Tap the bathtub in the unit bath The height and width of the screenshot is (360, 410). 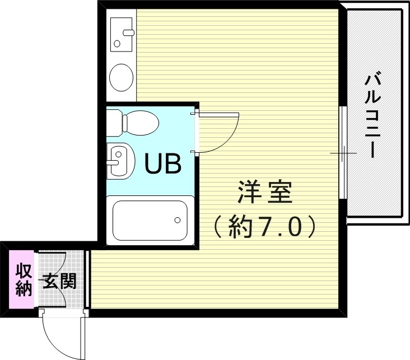coord(150,219)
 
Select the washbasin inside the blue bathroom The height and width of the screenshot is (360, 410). coord(120,161)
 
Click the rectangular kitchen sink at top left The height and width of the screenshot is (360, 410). coord(121,32)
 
